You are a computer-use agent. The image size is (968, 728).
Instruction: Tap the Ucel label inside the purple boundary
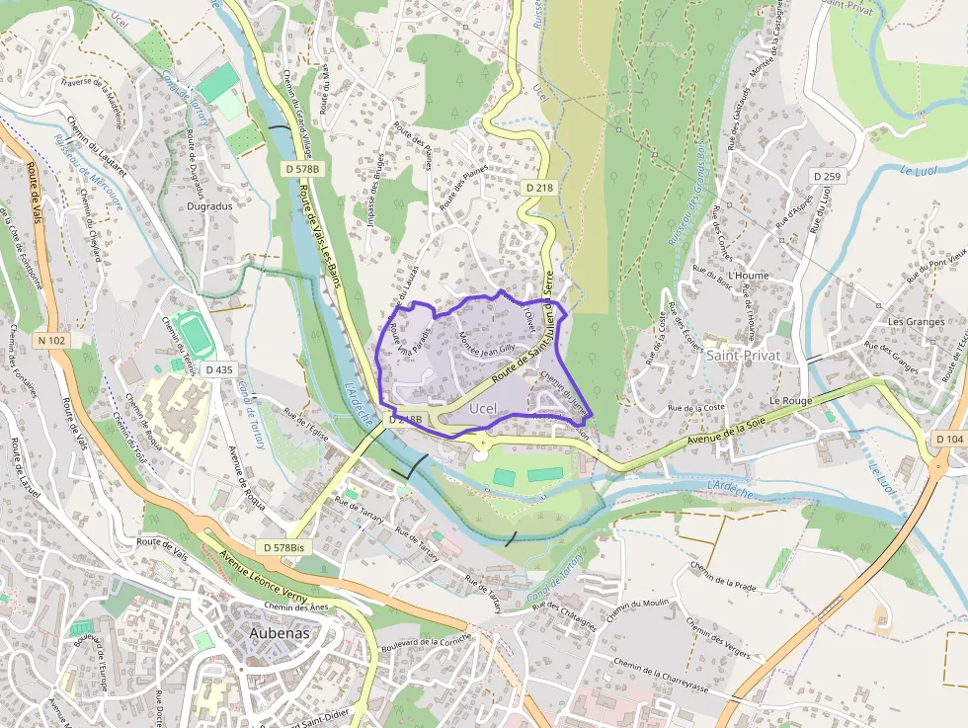483,408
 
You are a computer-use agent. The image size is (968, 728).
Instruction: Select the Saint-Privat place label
743,355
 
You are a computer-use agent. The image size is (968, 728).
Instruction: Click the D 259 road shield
828,176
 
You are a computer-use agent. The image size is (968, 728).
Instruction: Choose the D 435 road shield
220,369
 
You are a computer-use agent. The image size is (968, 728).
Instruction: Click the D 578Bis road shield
282,547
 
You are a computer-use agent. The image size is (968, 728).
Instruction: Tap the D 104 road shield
948,439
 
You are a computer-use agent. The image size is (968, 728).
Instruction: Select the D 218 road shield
538,188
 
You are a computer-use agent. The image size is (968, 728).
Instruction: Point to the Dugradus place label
209,207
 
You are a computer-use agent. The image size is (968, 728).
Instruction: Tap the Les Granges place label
916,322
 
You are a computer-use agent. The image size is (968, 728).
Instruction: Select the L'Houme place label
747,276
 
